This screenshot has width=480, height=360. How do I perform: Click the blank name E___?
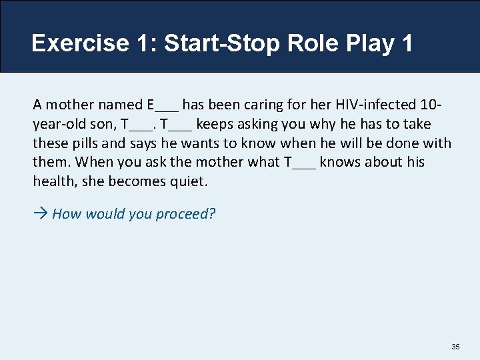pyautogui.click(x=162, y=105)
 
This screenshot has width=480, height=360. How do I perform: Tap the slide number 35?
pyautogui.click(x=455, y=347)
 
